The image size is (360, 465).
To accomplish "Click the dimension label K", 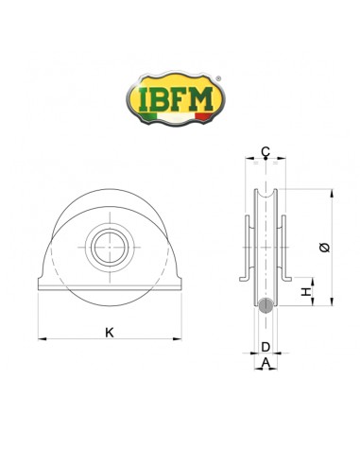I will tap(109, 333).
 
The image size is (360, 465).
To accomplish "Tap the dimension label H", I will tap(306, 294).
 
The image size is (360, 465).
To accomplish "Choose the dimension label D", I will tap(266, 348).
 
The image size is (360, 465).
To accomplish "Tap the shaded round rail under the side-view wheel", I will tap(266, 305).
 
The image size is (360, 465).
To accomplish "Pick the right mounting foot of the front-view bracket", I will tap(173, 285).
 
